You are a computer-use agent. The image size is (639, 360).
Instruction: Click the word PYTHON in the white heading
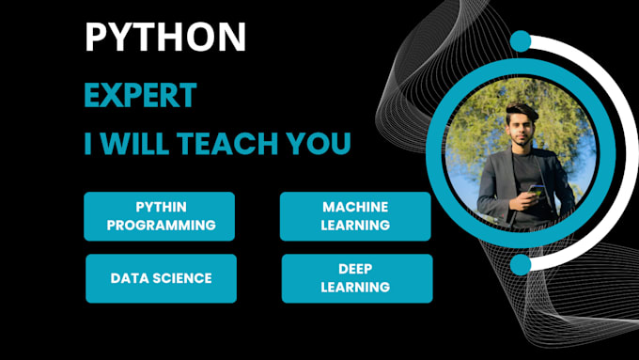(165, 37)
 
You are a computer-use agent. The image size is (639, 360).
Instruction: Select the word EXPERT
(140, 95)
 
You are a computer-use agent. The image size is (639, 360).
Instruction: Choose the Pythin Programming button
(160, 216)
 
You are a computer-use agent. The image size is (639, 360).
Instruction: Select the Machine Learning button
(355, 216)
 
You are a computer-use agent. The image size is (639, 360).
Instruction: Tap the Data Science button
(161, 278)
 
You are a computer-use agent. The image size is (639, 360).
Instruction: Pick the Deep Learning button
(357, 278)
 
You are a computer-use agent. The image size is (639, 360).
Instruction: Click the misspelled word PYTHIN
(160, 207)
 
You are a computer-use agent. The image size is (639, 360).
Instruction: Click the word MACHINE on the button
(355, 207)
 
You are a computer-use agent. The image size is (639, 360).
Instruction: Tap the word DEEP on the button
(357, 269)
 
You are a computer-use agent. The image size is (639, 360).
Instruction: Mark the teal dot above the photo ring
(520, 41)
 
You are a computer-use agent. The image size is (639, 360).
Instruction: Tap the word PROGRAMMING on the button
(161, 226)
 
